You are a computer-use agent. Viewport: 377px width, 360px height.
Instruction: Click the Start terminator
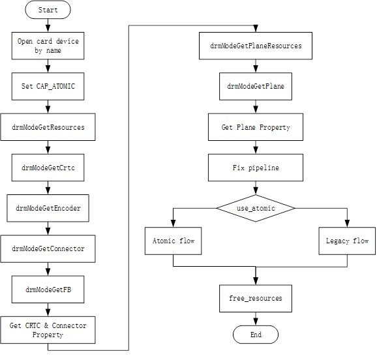48,10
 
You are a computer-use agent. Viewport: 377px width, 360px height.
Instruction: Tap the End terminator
256,335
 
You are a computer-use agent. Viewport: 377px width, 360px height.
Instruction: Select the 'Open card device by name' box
48,46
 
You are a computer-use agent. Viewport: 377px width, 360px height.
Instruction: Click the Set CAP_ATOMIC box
48,86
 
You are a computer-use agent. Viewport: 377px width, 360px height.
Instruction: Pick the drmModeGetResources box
48,127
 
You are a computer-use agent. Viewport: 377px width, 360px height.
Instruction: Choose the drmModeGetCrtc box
48,168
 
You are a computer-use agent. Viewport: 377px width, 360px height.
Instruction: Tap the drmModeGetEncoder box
48,208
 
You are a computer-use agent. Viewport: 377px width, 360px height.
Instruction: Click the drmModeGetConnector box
48,248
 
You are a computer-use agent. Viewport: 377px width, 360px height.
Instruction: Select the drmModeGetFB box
48,290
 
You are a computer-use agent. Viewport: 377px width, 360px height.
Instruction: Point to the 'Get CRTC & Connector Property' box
48,330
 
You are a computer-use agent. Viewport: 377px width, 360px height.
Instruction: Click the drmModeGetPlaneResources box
256,46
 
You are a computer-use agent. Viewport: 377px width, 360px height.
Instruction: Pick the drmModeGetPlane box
256,86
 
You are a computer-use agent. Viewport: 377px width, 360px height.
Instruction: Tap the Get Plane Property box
256,127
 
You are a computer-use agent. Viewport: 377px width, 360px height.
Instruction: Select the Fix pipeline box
256,168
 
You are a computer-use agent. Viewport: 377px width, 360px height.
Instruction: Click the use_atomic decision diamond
256,208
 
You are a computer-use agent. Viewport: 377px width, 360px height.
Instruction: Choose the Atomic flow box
173,241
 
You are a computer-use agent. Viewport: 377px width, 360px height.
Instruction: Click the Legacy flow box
347,241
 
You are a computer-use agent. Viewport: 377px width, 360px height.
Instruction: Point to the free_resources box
256,299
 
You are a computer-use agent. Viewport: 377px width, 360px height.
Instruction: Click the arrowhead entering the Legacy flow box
347,224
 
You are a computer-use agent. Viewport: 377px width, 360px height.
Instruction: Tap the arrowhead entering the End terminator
256,322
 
